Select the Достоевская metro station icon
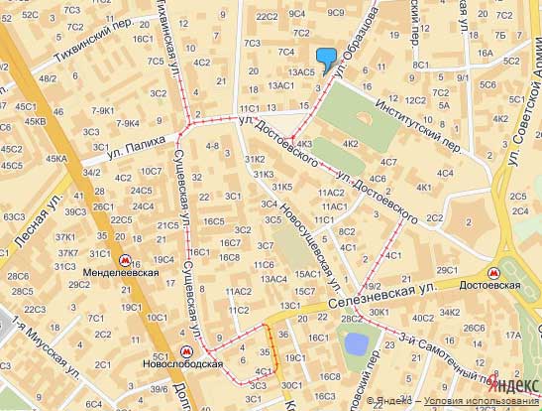[492, 272]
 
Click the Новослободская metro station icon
[187, 352]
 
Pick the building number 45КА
[55, 158]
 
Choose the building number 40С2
[423, 319]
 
